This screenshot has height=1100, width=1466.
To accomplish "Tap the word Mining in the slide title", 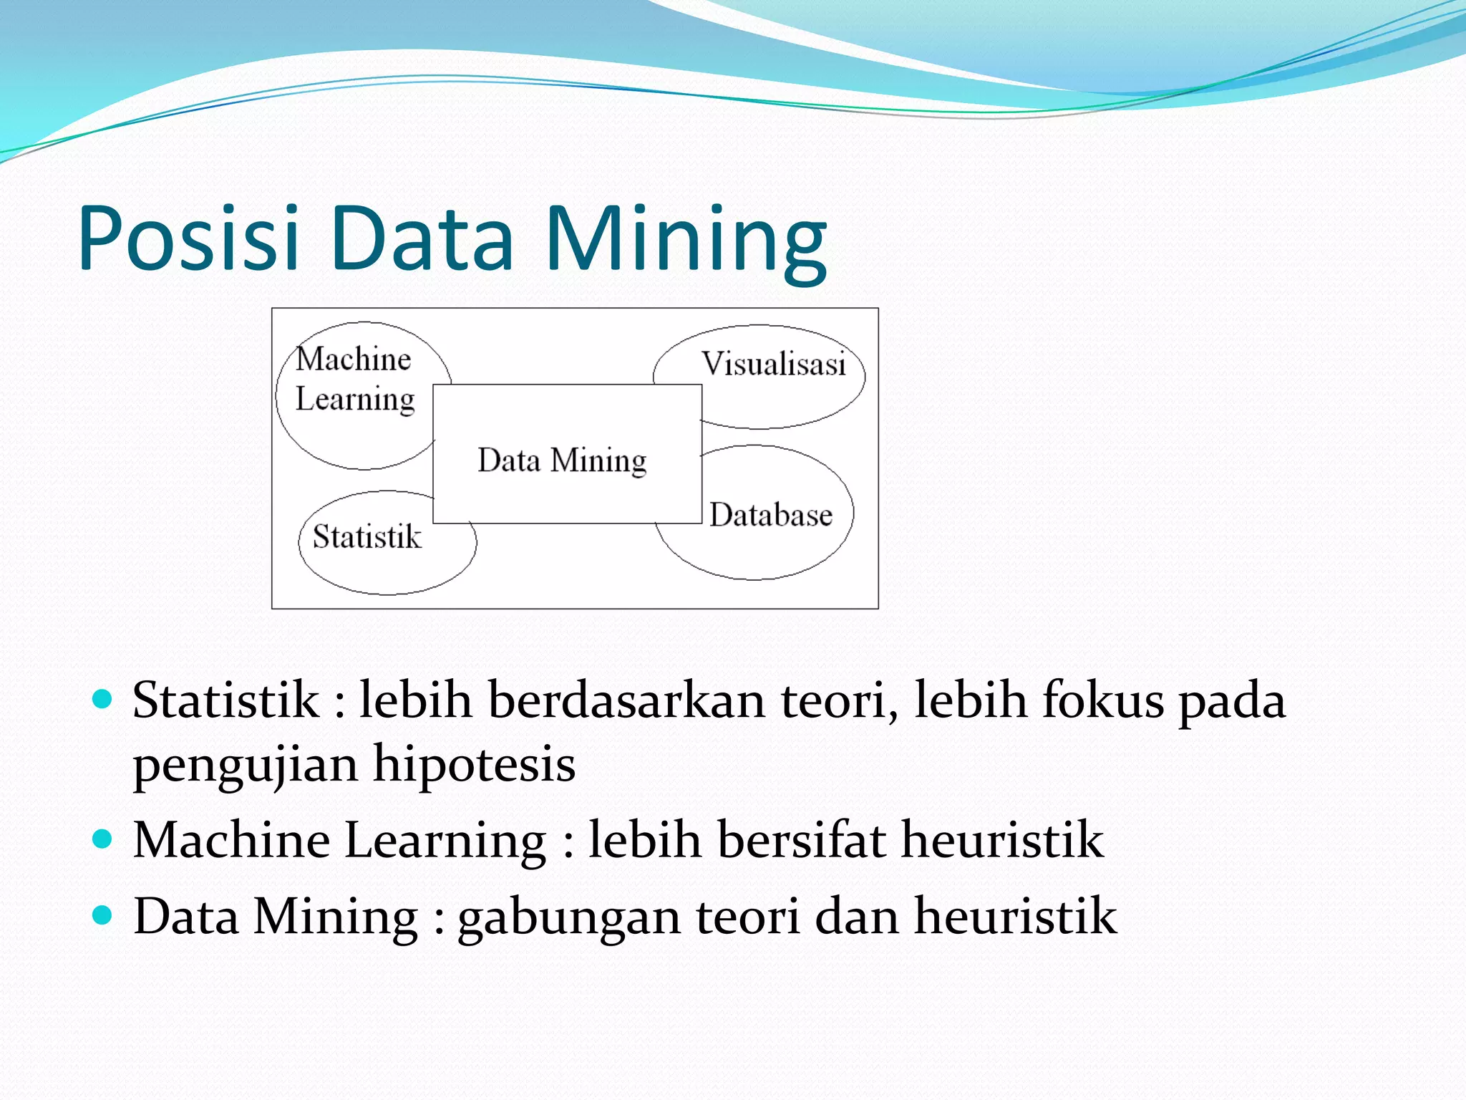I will (x=685, y=240).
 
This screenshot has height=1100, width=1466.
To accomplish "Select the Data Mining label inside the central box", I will (x=562, y=460).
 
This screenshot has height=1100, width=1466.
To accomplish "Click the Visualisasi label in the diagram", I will (x=773, y=364).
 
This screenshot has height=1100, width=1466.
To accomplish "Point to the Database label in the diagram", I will (x=771, y=515).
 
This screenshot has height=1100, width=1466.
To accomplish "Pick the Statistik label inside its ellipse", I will (x=366, y=536).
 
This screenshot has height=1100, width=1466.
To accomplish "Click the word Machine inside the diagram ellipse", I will (x=354, y=358).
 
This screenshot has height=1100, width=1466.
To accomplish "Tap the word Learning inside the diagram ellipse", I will (x=355, y=399).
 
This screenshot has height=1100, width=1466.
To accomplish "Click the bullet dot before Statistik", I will (x=103, y=699).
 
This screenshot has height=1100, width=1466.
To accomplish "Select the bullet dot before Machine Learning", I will (x=103, y=839).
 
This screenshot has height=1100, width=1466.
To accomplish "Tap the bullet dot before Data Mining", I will (x=103, y=915).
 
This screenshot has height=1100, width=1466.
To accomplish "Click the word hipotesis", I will (x=474, y=764).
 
